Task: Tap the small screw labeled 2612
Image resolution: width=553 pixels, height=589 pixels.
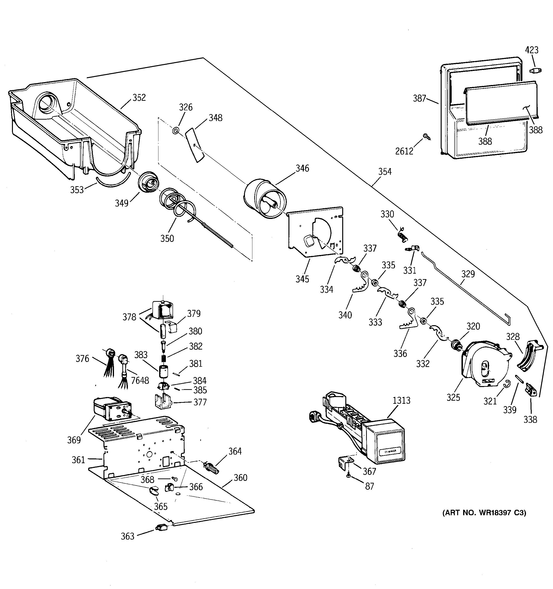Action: (426, 136)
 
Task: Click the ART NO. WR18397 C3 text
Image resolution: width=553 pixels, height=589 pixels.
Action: (484, 513)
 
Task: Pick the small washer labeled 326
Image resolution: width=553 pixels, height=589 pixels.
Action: (176, 131)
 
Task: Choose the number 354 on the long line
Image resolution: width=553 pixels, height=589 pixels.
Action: (385, 172)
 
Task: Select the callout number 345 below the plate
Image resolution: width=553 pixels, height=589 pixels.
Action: (302, 279)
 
